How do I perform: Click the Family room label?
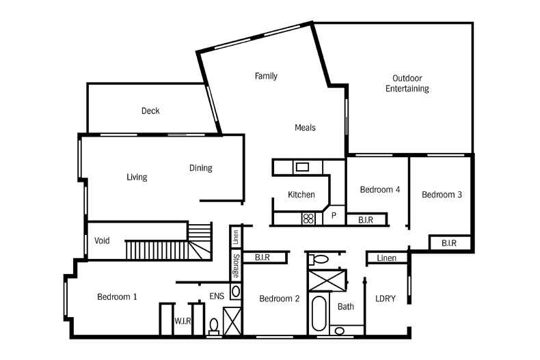pyautogui.click(x=266, y=76)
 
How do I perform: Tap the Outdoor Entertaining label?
pyautogui.click(x=407, y=83)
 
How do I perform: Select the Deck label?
pyautogui.click(x=150, y=111)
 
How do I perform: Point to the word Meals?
pyautogui.click(x=305, y=128)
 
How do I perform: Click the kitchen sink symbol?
pyautogui.click(x=302, y=167)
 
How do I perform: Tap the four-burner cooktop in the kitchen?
pyautogui.click(x=308, y=219)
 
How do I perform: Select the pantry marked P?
pyautogui.click(x=334, y=216)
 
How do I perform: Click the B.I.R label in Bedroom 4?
pyautogui.click(x=366, y=220)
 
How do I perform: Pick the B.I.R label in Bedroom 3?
pyautogui.click(x=449, y=243)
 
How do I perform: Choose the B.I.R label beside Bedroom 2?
pyautogui.click(x=262, y=258)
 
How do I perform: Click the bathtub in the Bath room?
pyautogui.click(x=319, y=314)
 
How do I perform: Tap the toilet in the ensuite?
pyautogui.click(x=214, y=327)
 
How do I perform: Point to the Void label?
pyautogui.click(x=102, y=240)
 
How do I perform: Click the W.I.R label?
pyautogui.click(x=183, y=321)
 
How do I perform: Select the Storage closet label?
pyautogui.click(x=236, y=266)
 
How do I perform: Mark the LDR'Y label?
pyautogui.click(x=386, y=299)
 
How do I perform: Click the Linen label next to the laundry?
pyautogui.click(x=386, y=258)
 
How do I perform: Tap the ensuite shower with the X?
pyautogui.click(x=232, y=321)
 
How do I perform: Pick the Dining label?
pyautogui.click(x=201, y=168)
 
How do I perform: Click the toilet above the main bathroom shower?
pyautogui.click(x=319, y=260)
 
